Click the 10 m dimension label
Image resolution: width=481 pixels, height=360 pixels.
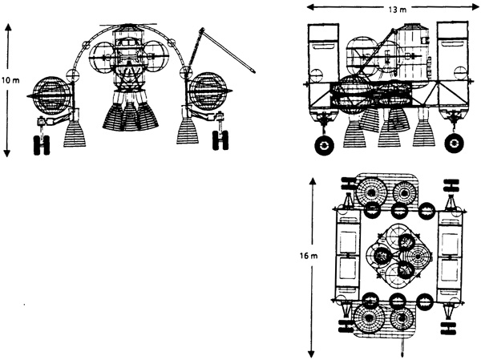pyautogui.click(x=10, y=80)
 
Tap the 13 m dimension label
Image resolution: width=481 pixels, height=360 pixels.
pyautogui.click(x=398, y=10)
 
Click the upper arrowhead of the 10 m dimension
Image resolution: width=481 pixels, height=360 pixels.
pyautogui.click(x=8, y=27)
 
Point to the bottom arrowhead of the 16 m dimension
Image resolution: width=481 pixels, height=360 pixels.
pyautogui.click(x=312, y=354)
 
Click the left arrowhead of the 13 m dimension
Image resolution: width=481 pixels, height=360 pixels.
pyautogui.click(x=312, y=6)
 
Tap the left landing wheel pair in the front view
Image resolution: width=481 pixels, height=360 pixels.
pyautogui.click(x=42, y=145)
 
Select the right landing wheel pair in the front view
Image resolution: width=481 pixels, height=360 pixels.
pyautogui.click(x=220, y=140)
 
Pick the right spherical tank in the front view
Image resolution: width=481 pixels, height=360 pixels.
pyautogui.click(x=209, y=91)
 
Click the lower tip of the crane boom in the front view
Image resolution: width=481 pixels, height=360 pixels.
pyautogui.click(x=253, y=71)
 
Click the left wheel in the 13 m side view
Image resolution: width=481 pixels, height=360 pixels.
pyautogui.click(x=324, y=145)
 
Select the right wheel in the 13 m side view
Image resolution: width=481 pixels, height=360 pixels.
pyautogui.click(x=455, y=143)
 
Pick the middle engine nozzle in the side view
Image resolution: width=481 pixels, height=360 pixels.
pyautogui.click(x=390, y=136)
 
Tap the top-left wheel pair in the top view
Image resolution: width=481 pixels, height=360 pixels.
pyautogui.click(x=350, y=184)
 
